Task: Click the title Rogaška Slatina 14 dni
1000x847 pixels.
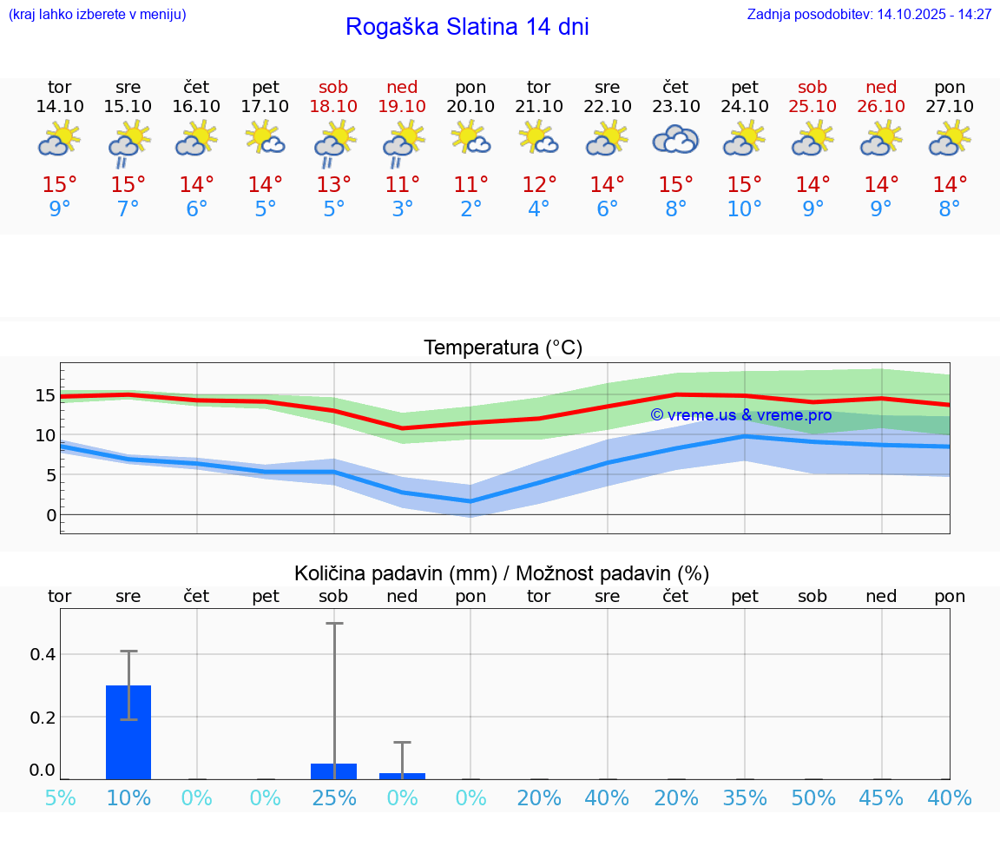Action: click(467, 27)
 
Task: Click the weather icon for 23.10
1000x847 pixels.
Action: click(675, 139)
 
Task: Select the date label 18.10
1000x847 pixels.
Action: click(333, 106)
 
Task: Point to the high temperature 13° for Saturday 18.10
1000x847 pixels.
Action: click(333, 184)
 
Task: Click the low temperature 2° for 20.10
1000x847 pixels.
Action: click(470, 209)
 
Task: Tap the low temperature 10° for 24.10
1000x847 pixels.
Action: click(744, 209)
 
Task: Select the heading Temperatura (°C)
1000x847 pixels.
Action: click(503, 348)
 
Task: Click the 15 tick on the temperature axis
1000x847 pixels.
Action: click(45, 396)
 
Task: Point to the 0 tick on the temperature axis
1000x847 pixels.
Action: click(51, 515)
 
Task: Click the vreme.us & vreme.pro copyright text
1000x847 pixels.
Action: click(740, 415)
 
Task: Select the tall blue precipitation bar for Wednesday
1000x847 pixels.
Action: click(128, 731)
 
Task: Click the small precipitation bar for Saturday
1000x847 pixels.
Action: click(333, 771)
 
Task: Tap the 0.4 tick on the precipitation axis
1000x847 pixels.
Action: click(43, 654)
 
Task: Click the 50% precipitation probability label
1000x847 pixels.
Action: click(812, 797)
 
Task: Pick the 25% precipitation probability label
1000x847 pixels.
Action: click(333, 797)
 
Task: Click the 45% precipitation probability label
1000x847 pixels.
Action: click(881, 797)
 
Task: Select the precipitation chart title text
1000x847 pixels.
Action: click(502, 573)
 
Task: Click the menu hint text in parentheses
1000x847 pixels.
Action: click(97, 15)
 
